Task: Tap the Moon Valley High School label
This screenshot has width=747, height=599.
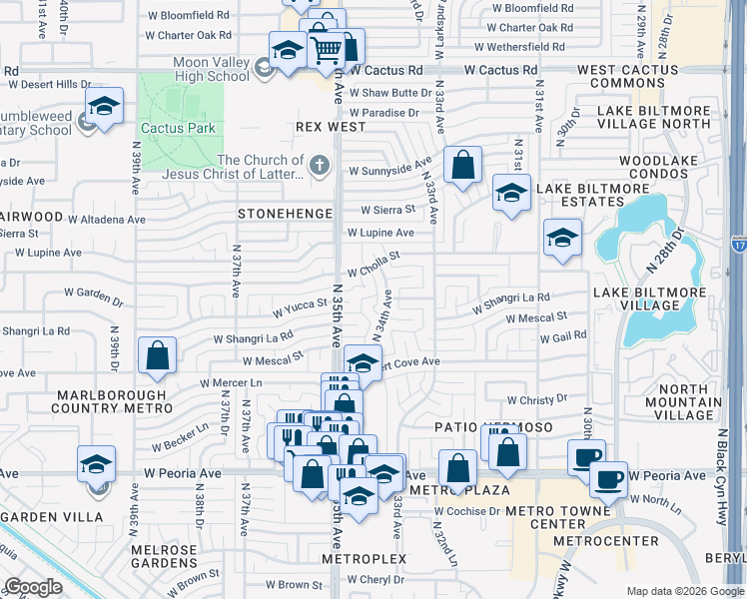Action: (x=212, y=69)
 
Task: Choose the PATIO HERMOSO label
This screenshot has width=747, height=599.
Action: (x=478, y=426)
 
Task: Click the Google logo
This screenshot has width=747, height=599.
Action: (x=32, y=587)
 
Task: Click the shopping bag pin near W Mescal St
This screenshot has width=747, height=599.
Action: (x=158, y=355)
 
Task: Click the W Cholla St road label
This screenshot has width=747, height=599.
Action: (x=373, y=264)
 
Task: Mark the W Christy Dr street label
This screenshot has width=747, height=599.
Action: (x=537, y=399)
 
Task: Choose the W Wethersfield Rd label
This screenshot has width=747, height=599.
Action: (x=518, y=47)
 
